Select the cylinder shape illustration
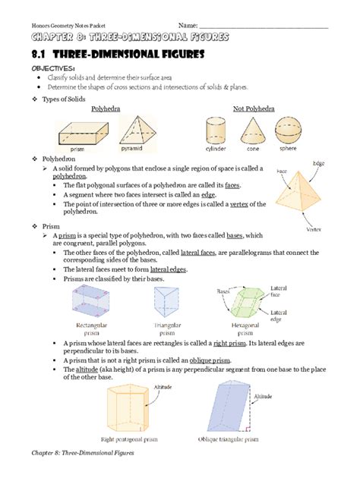(x=216, y=128)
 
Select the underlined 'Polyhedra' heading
(x=106, y=108)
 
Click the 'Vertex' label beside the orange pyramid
(x=313, y=228)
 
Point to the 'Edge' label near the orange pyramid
(x=318, y=163)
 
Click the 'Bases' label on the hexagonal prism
(x=224, y=291)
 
